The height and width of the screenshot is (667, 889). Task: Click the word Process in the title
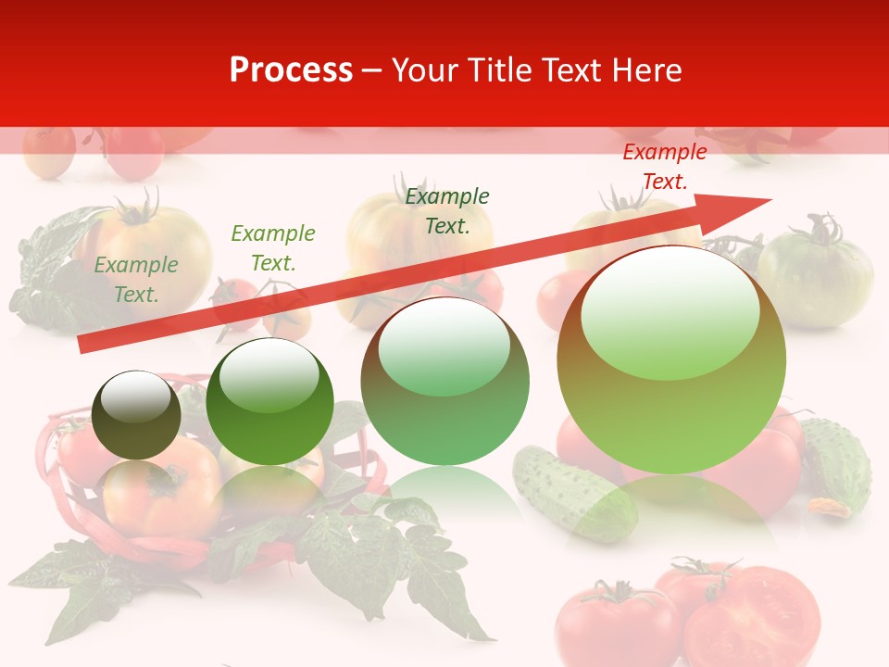click(291, 70)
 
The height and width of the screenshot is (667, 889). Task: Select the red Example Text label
click(664, 167)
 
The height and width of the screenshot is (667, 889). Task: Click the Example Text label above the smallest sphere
click(136, 280)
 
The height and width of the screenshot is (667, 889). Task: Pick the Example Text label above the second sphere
click(273, 248)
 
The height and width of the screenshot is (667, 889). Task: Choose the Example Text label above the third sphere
click(447, 210)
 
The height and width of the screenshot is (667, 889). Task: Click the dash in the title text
click(372, 70)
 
